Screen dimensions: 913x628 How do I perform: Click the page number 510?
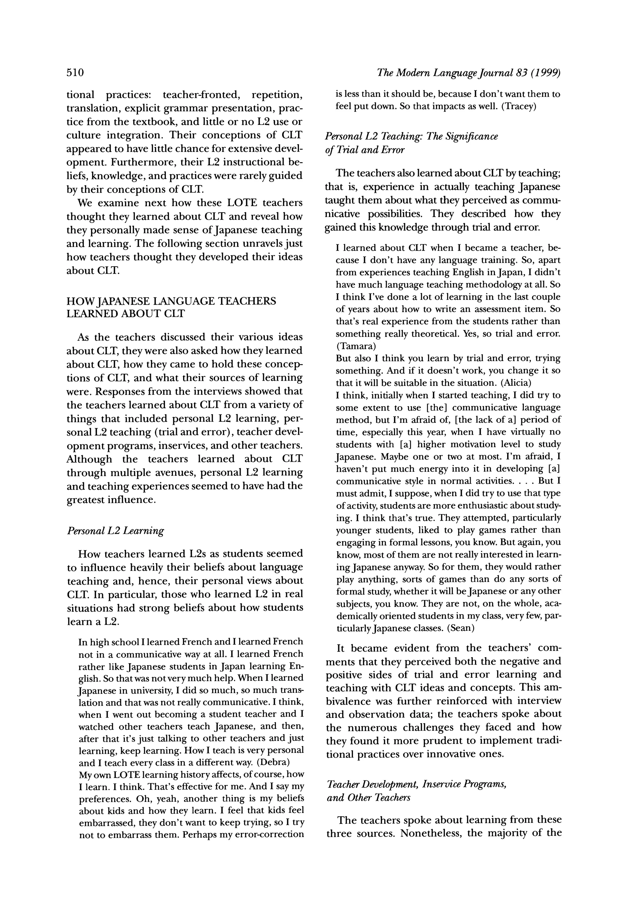[75, 72]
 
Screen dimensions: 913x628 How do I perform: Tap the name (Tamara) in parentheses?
[356, 346]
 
